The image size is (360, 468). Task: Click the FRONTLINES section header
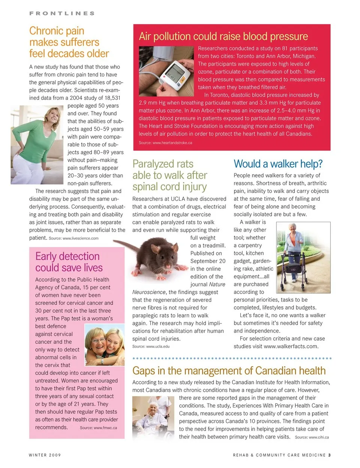point(62,13)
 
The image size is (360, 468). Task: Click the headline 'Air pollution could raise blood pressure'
point(223,36)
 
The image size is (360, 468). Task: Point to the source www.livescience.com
point(80,238)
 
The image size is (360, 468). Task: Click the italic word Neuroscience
point(149,292)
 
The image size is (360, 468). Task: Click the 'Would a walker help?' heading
point(278,164)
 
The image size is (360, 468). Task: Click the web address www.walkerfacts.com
point(291,346)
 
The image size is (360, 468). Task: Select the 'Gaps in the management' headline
point(229,371)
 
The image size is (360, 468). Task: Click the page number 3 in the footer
point(329,455)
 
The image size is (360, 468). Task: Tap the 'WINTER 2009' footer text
point(45,455)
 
